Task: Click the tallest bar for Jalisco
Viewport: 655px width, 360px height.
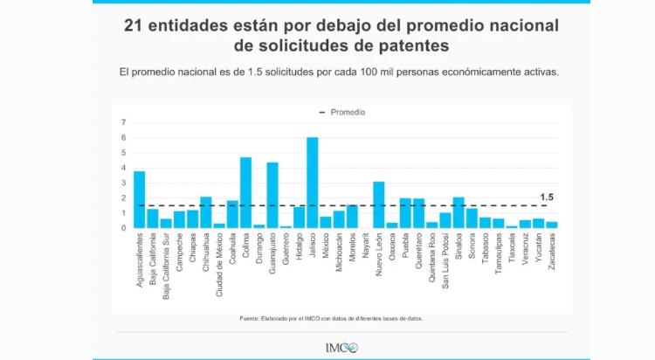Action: click(313, 183)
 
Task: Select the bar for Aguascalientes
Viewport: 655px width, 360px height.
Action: click(140, 199)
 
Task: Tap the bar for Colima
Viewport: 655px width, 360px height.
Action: click(246, 192)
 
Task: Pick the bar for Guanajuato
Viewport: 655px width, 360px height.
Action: click(272, 195)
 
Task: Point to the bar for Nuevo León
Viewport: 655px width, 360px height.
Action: click(378, 204)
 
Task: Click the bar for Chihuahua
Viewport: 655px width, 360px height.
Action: click(206, 212)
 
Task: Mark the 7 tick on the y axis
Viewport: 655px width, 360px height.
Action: click(123, 122)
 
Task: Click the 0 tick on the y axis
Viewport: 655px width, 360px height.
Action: click(123, 228)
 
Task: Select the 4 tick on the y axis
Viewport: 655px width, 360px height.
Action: click(123, 168)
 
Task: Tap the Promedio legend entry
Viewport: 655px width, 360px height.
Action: click(343, 112)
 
